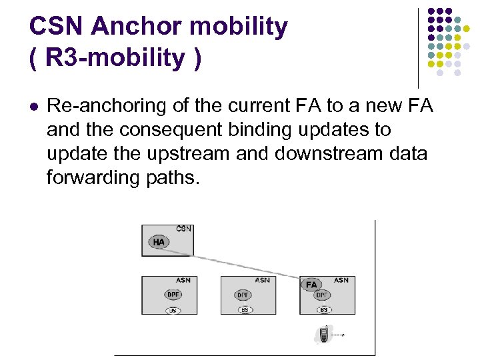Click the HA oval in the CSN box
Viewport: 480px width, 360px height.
point(159,241)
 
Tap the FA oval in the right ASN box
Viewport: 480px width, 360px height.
point(311,285)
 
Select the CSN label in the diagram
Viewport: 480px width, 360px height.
point(184,229)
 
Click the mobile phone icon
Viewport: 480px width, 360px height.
point(324,334)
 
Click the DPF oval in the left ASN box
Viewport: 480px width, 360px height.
point(173,295)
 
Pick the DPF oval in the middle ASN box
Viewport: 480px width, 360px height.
point(243,295)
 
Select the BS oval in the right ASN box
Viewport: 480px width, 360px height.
point(323,309)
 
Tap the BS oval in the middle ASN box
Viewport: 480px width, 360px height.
point(245,309)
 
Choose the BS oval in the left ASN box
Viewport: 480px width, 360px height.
point(173,309)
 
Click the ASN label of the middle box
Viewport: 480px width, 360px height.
point(262,281)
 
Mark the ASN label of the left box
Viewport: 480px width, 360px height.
point(184,281)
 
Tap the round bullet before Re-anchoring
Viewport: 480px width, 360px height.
point(34,105)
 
